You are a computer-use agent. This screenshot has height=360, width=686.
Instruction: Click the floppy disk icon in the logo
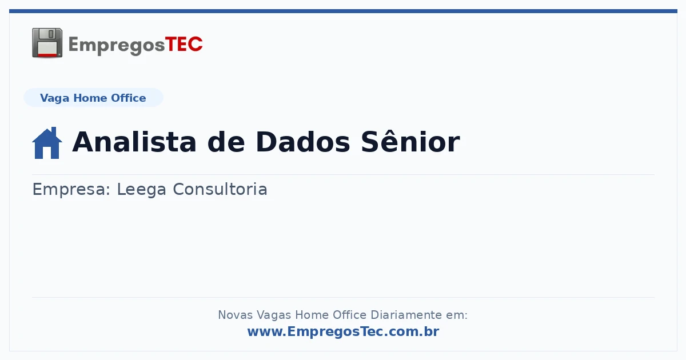point(47,43)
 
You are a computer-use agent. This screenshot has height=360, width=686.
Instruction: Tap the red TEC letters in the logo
point(184,45)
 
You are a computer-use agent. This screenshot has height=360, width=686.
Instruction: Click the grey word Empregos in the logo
point(117,46)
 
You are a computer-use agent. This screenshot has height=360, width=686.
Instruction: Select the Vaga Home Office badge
point(93,98)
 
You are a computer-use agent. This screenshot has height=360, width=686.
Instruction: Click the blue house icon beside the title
point(47,143)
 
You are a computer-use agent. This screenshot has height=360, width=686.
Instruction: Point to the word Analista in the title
point(134,142)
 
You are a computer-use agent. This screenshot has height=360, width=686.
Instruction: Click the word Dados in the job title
point(302,142)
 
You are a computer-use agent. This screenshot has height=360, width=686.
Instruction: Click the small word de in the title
point(226,142)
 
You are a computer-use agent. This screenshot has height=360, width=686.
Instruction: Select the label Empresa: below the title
point(71,189)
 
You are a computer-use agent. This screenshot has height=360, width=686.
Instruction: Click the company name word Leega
point(142,190)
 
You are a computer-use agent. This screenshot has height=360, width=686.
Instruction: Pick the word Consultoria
point(220,189)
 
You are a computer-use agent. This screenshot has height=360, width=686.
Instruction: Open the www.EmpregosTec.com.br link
point(344,331)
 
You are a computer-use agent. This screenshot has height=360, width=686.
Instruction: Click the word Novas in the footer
point(235,315)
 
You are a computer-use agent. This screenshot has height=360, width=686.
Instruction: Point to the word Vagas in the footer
point(274,315)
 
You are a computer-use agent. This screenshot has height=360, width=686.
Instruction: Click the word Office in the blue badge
point(128,98)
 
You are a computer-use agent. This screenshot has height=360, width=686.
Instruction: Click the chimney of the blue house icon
point(54,131)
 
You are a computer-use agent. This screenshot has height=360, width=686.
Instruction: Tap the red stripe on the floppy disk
point(47,55)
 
